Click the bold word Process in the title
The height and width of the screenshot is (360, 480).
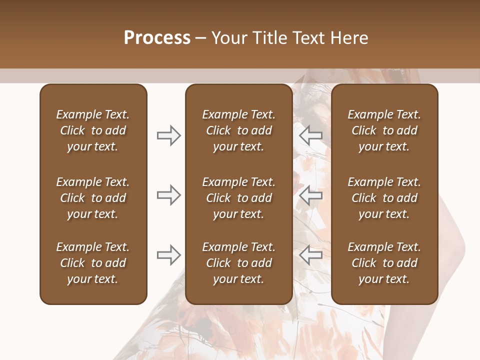[157, 38]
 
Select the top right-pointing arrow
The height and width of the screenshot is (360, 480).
[168, 135]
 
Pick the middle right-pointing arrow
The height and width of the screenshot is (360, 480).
[168, 195]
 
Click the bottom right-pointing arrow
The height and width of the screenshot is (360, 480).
[168, 255]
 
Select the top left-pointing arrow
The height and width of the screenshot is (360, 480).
[310, 135]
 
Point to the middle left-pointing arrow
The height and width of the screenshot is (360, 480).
[310, 195]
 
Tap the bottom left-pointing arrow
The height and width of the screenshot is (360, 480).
[310, 255]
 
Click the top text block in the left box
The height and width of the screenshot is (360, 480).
[93, 130]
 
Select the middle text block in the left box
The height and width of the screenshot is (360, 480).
[93, 198]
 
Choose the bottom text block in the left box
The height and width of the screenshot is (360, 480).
[93, 263]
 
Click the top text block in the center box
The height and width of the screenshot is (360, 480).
[238, 130]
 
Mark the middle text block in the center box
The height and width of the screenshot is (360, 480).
[238, 198]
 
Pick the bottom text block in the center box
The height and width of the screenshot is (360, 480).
[238, 263]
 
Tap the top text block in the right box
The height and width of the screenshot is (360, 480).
[384, 130]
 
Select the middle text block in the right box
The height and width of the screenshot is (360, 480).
[384, 198]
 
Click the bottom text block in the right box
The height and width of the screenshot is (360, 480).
[384, 263]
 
